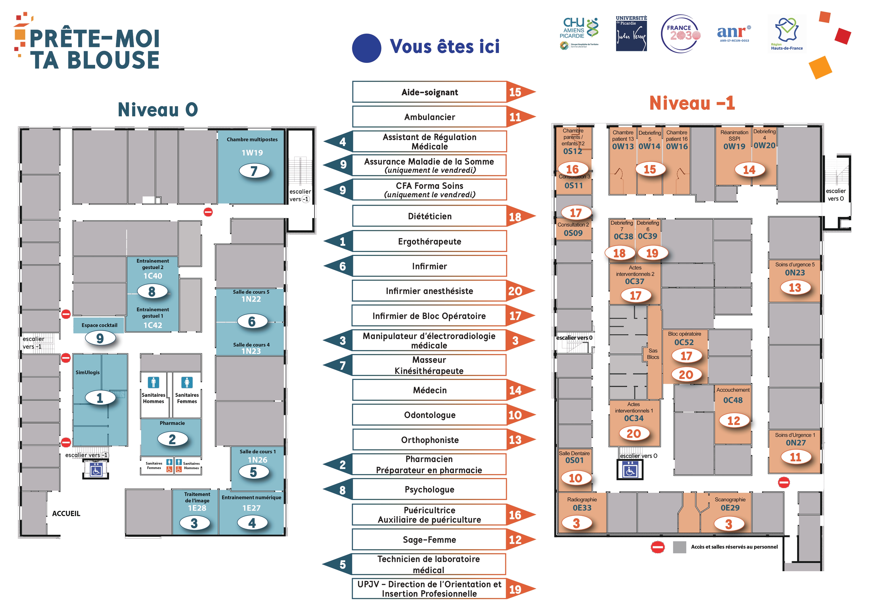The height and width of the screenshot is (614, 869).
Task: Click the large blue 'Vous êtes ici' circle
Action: click(x=366, y=48)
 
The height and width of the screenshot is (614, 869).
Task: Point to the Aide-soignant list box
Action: click(x=429, y=92)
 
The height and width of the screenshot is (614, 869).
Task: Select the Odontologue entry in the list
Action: click(x=429, y=415)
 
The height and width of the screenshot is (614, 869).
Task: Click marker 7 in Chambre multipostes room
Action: click(x=254, y=171)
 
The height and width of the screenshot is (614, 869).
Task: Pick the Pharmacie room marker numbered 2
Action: click(x=172, y=439)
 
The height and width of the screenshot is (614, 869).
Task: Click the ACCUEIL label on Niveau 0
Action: click(x=66, y=514)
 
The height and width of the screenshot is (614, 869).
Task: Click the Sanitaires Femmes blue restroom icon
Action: click(x=187, y=382)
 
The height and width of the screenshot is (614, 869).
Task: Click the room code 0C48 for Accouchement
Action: click(x=733, y=400)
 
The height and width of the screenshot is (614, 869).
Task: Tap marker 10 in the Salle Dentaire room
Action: click(x=575, y=478)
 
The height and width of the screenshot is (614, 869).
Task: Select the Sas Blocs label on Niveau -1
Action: click(x=653, y=354)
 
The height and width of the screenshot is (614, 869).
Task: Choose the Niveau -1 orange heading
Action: click(x=692, y=103)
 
